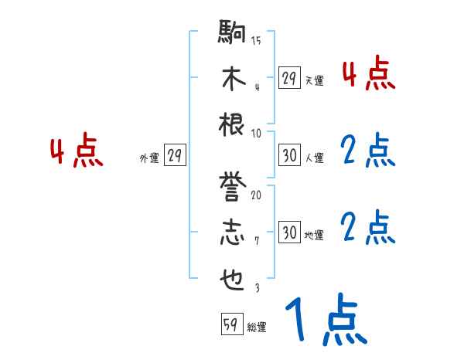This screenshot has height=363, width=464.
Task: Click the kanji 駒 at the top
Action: (233, 35)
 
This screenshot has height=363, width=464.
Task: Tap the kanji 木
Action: (233, 79)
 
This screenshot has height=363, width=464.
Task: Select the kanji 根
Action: (233, 124)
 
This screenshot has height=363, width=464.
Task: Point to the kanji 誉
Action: (233, 188)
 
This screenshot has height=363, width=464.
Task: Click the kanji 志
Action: (233, 232)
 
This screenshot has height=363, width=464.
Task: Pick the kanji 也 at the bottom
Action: (233, 278)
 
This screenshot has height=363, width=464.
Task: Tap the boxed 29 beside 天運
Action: (289, 78)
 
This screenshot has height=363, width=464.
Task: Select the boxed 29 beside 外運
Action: (175, 156)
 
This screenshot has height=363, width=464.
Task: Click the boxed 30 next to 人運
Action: (289, 155)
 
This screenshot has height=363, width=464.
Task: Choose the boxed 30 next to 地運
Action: (289, 232)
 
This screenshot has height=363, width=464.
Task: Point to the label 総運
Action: (257, 327)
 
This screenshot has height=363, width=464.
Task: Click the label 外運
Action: (149, 158)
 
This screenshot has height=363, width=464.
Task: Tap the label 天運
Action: (314, 80)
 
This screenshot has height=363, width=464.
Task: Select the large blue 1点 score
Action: (325, 322)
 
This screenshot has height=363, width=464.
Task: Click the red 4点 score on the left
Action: (77, 151)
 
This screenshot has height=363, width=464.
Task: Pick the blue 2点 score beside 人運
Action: (368, 151)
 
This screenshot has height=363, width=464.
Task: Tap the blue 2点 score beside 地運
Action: (368, 228)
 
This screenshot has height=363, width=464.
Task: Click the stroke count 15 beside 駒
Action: (256, 41)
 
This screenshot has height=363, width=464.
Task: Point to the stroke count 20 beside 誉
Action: (256, 195)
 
